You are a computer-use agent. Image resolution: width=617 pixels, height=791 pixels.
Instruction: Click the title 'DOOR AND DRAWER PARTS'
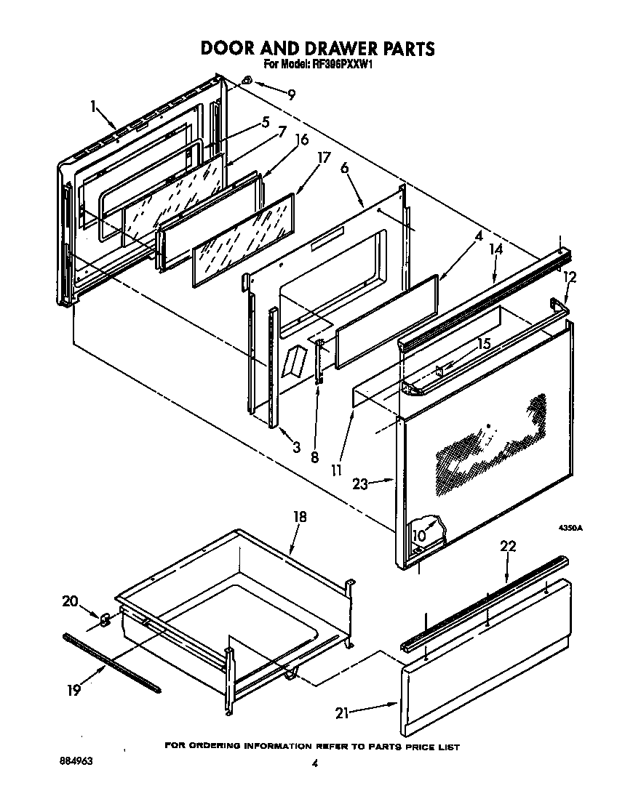[x=317, y=48]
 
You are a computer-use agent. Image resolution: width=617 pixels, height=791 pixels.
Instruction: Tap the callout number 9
[x=291, y=94]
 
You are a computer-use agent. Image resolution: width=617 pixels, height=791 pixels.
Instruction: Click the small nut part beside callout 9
[x=247, y=81]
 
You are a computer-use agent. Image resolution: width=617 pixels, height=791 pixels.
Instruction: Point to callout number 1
[x=94, y=106]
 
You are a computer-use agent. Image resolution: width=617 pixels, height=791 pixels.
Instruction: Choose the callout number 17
[x=325, y=158]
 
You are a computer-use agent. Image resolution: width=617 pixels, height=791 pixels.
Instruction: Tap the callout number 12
[x=569, y=277]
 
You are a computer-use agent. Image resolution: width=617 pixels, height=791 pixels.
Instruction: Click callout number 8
[x=314, y=457]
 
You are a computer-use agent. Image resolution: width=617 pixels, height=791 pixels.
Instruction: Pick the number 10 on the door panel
[x=419, y=536]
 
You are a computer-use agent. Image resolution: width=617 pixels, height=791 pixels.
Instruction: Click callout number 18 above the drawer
[x=299, y=517]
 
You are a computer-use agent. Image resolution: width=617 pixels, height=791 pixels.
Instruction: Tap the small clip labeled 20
[x=104, y=619]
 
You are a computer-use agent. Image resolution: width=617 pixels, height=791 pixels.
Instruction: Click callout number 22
[x=509, y=547]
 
